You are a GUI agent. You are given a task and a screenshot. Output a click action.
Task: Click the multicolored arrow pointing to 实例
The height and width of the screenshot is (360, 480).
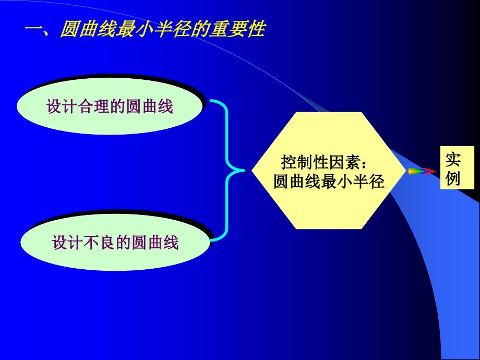[422, 171]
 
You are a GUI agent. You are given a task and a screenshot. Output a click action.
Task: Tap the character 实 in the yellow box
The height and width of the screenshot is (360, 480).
[453, 159]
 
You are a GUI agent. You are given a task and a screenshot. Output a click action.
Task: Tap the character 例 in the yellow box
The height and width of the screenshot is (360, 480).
[453, 177]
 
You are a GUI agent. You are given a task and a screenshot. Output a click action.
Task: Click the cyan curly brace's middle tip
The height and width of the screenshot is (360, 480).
[244, 171]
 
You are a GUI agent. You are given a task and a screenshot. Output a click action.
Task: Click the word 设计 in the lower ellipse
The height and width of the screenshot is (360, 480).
[68, 242]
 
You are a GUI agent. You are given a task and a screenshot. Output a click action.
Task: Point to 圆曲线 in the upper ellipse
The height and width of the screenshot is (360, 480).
[150, 106]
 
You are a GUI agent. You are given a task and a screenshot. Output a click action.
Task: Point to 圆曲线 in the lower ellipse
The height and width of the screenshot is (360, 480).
[155, 242]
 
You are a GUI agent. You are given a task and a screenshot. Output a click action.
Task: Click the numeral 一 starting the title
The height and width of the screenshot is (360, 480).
[34, 30]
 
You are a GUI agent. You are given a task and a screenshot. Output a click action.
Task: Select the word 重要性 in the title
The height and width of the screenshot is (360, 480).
[237, 29]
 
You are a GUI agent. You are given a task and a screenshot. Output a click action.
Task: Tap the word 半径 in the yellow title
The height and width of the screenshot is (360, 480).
[180, 29]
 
